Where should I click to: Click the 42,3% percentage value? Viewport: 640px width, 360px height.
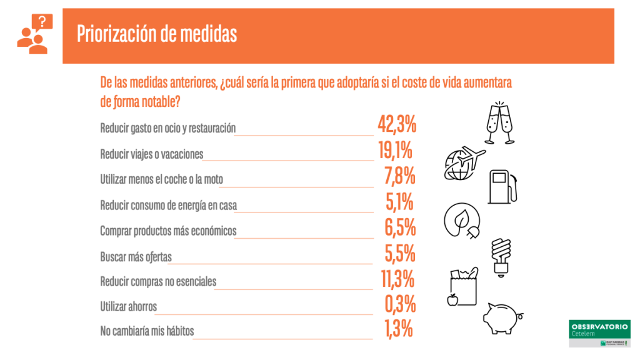tap(397, 125)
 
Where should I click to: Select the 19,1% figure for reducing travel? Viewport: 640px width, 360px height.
tap(395, 151)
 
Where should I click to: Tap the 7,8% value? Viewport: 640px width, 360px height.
tap(400, 177)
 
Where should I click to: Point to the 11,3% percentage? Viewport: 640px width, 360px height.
tap(398, 279)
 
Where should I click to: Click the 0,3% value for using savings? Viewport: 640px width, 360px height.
tap(400, 305)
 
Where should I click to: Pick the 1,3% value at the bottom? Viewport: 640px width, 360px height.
tap(398, 329)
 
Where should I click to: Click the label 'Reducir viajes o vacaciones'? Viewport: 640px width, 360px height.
tap(152, 154)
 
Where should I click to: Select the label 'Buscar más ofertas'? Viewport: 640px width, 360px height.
tap(136, 257)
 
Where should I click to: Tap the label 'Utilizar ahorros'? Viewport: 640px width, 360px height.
tap(128, 307)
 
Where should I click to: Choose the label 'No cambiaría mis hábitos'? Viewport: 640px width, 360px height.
tap(147, 331)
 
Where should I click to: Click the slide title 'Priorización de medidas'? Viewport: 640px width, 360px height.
tap(157, 34)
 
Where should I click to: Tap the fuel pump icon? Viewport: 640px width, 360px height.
tap(502, 186)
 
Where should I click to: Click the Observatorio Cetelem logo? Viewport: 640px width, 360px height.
tap(599, 334)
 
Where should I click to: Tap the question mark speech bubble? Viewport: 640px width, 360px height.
tap(42, 22)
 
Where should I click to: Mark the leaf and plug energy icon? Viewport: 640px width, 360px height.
tap(462, 220)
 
